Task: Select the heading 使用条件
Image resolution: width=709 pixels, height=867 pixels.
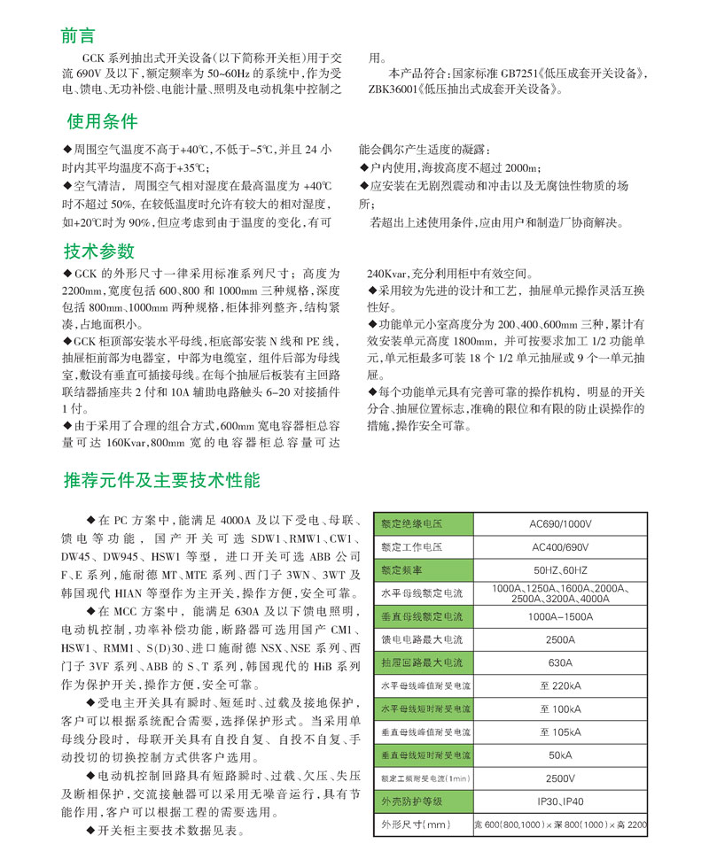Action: click(x=103, y=121)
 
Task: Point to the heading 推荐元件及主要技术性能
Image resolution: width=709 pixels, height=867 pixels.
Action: click(x=161, y=481)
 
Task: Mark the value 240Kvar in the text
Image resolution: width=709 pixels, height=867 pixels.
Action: click(x=387, y=275)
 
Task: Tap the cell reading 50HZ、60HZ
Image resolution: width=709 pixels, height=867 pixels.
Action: click(x=560, y=569)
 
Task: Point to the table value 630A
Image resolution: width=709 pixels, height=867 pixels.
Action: click(x=560, y=662)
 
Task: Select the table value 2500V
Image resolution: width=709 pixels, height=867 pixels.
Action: click(x=560, y=778)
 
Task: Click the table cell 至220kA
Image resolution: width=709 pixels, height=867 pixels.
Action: click(x=560, y=685)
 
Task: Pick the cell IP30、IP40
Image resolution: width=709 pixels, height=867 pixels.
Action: click(x=560, y=801)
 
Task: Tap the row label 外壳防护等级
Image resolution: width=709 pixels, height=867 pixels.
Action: click(x=411, y=801)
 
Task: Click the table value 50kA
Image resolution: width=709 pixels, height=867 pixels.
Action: click(x=560, y=755)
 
